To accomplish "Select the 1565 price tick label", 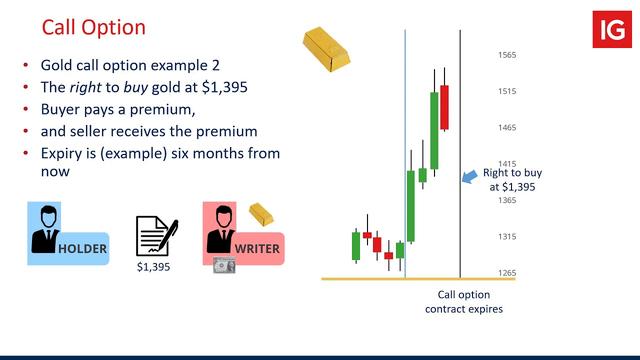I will click(507, 55).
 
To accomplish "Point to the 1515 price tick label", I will click(507, 91).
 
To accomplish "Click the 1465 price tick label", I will click(507, 128).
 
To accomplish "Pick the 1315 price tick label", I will click(507, 237).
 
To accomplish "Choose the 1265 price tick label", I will click(507, 273).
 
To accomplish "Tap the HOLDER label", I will click(82, 247).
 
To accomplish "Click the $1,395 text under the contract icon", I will click(153, 269).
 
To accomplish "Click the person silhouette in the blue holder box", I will click(43, 227).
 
